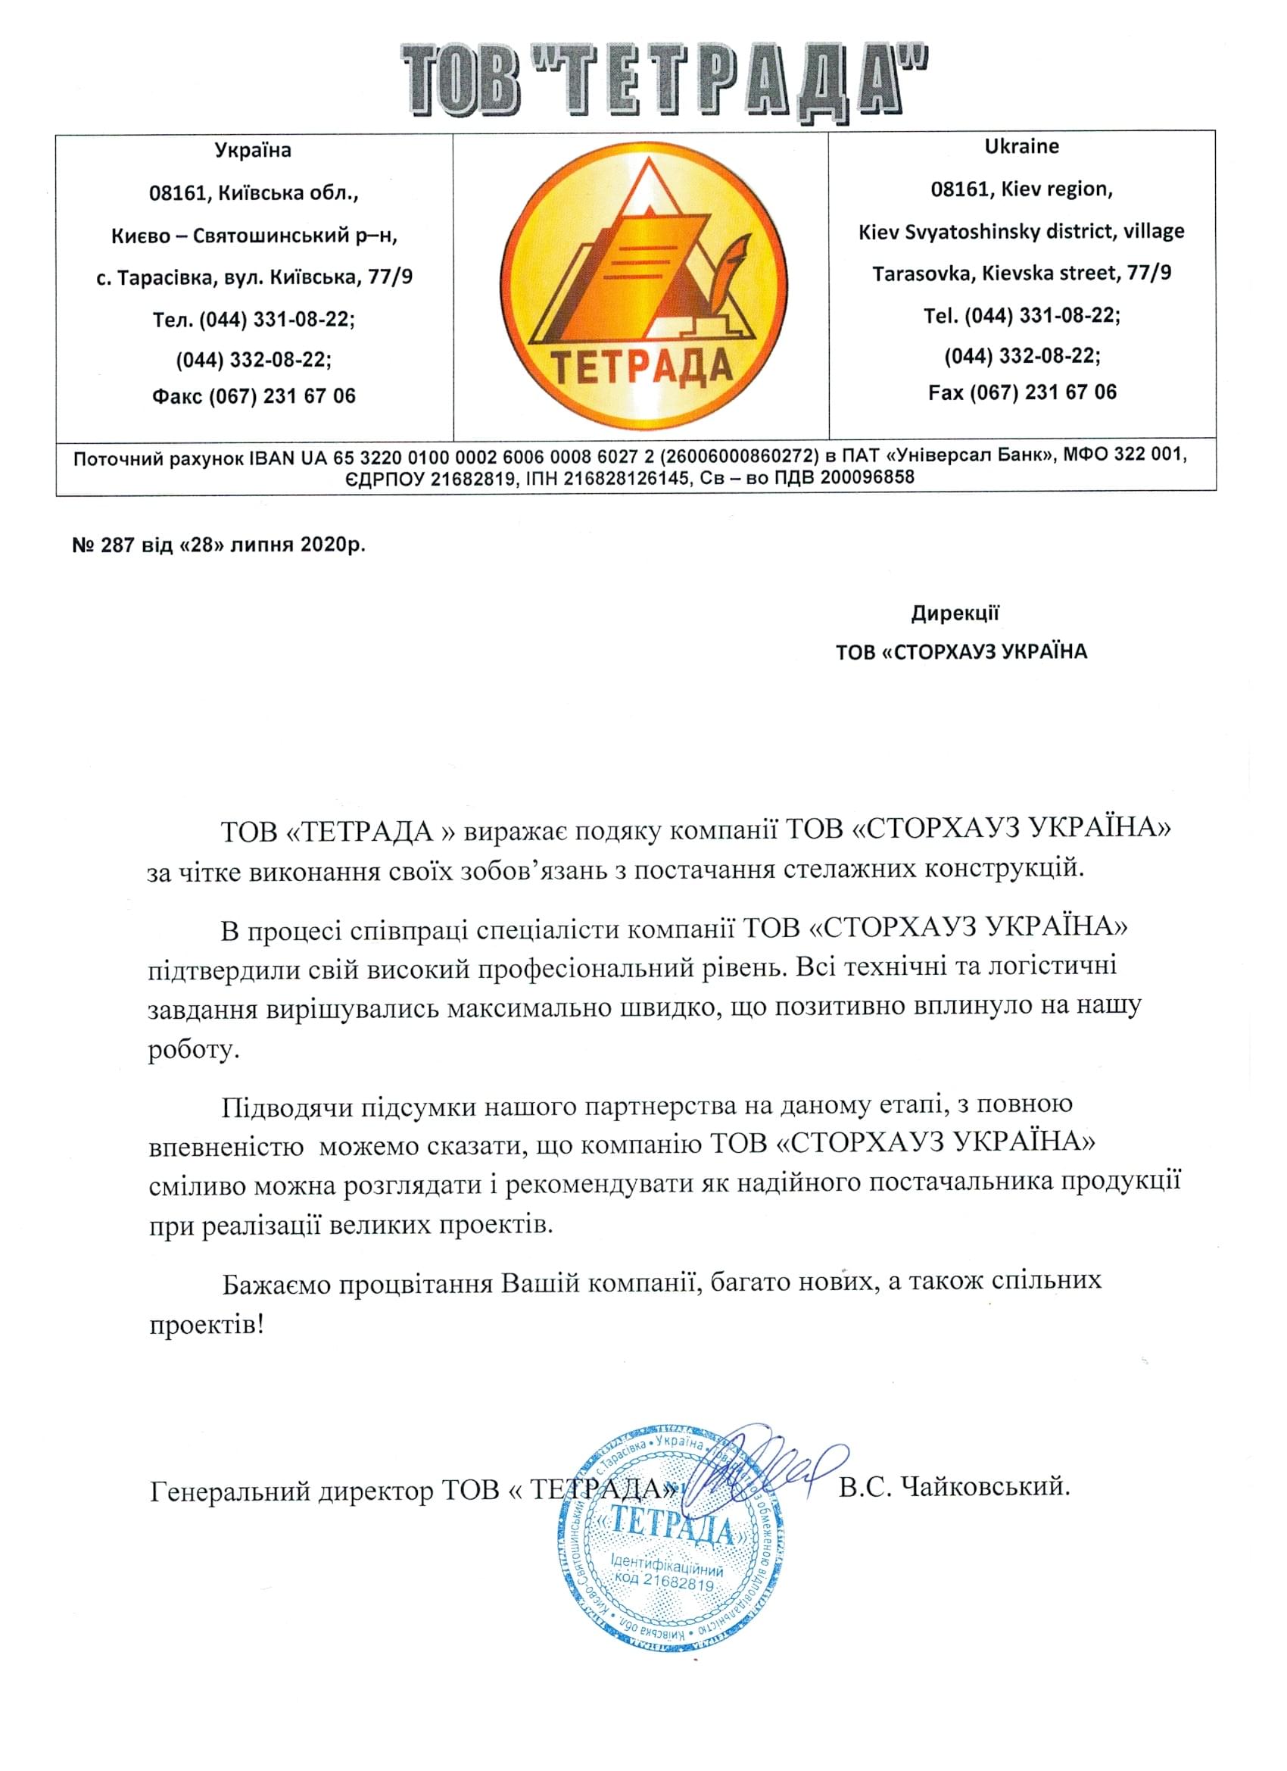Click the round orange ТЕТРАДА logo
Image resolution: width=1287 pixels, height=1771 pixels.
click(641, 285)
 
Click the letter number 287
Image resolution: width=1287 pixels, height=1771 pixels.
click(118, 545)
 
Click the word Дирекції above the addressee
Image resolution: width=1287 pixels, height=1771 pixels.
click(955, 613)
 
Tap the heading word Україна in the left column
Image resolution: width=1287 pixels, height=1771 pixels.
click(253, 150)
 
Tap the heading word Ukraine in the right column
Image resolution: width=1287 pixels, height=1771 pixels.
click(1021, 146)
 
